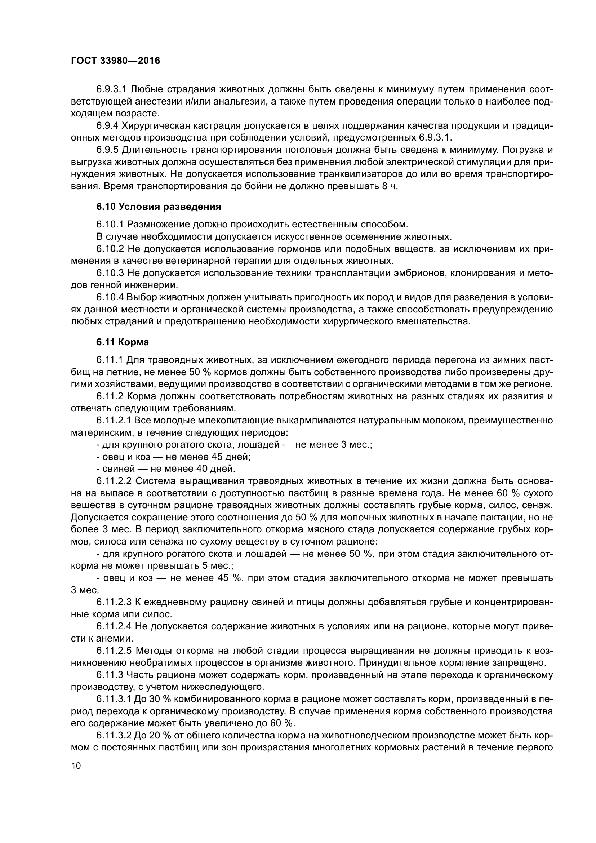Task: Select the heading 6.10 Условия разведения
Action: pyautogui.click(x=159, y=207)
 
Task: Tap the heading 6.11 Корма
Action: pyautogui.click(x=123, y=342)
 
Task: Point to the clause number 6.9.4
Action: pyautogui.click(x=107, y=125)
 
